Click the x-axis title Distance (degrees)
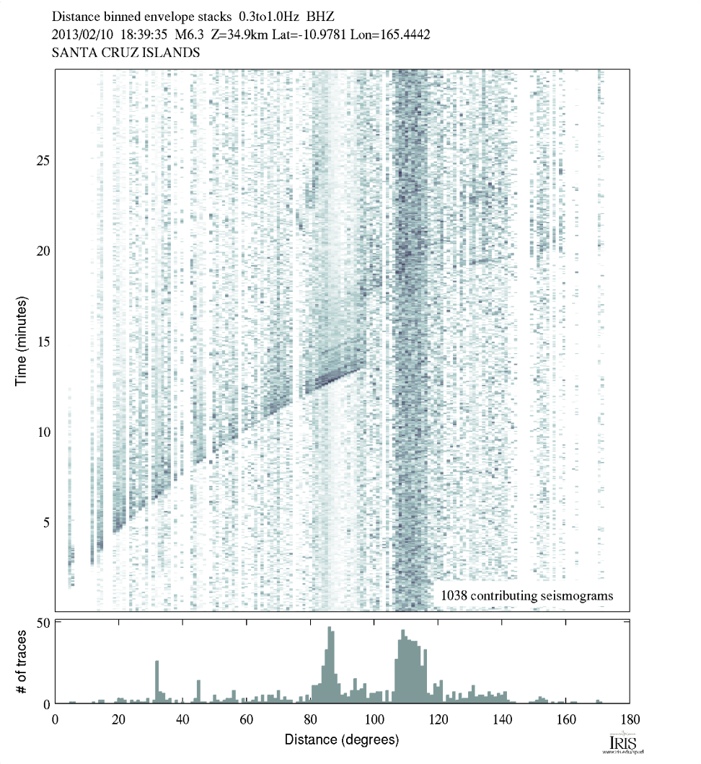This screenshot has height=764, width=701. (x=341, y=740)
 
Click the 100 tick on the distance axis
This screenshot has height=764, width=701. (x=374, y=719)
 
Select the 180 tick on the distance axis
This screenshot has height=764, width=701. (x=629, y=719)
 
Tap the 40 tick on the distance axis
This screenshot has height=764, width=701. (x=183, y=719)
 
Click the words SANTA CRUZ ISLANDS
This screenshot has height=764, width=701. (x=126, y=53)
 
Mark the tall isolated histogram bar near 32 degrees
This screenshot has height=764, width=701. (x=156, y=682)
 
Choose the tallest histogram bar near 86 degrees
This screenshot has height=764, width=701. (x=330, y=665)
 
